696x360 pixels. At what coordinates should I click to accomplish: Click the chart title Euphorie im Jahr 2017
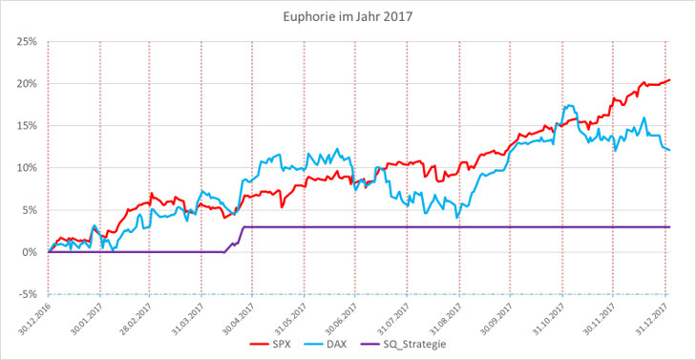[348, 16]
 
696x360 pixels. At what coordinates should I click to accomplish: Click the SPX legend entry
[276, 343]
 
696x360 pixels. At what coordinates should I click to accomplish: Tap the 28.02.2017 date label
[135, 316]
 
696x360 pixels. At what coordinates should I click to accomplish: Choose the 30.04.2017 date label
[237, 316]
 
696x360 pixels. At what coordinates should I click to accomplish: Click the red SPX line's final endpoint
[670, 79]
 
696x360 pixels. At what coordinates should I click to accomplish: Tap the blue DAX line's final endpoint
[670, 150]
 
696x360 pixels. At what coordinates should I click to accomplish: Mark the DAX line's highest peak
[570, 106]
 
